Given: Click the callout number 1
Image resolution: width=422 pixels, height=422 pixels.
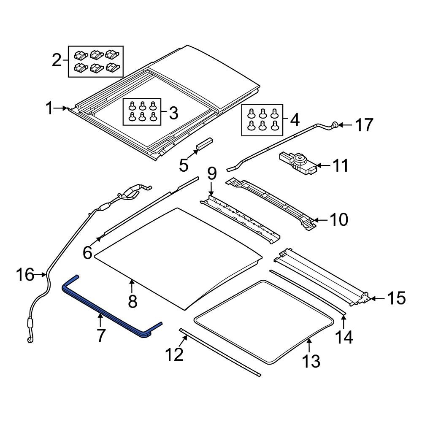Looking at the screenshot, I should (x=50, y=109).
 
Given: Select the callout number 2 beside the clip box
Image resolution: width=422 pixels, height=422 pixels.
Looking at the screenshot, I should (x=57, y=61).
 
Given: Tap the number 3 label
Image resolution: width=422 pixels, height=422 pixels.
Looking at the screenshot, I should (x=173, y=113).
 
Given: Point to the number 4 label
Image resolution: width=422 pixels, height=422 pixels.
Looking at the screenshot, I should (x=294, y=120).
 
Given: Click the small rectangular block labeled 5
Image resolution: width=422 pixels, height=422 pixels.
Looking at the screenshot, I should (x=204, y=143).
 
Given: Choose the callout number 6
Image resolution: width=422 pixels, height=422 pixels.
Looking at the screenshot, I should (x=87, y=253).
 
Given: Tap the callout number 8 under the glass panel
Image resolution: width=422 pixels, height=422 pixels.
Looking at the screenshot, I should (x=132, y=301).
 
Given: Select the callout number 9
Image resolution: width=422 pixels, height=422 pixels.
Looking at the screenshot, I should (x=211, y=173).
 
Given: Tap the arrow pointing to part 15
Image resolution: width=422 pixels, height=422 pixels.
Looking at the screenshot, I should (x=378, y=298).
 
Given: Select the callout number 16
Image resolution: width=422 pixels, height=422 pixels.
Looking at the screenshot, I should (x=25, y=275).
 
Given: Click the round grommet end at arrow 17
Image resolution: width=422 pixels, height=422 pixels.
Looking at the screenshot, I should (x=334, y=125).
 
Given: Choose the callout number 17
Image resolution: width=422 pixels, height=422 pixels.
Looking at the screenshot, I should (x=363, y=125).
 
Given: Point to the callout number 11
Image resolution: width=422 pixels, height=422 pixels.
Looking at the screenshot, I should (x=340, y=166).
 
